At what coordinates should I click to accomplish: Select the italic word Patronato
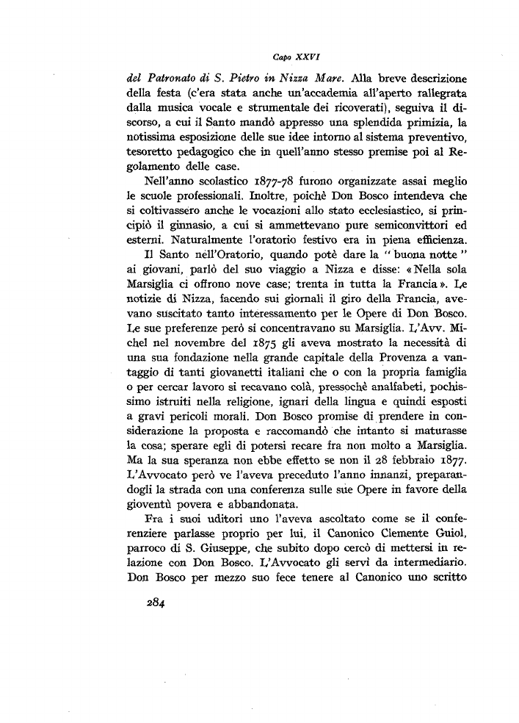pyautogui.click(x=167, y=77)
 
